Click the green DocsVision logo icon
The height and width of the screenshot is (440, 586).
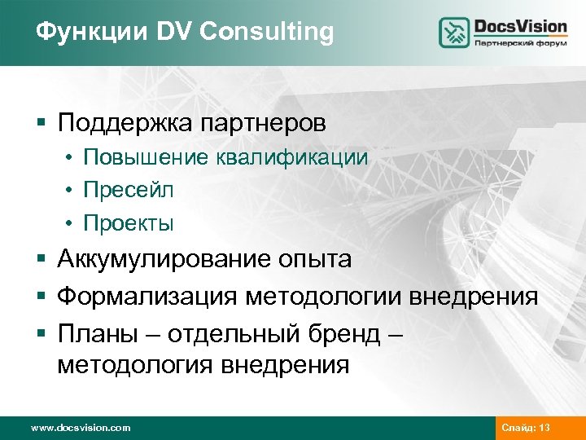(x=454, y=32)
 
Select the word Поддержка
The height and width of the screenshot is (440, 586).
(x=123, y=124)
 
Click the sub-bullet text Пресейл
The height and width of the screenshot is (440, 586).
(x=129, y=190)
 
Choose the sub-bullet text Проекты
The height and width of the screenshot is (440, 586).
(x=129, y=222)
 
